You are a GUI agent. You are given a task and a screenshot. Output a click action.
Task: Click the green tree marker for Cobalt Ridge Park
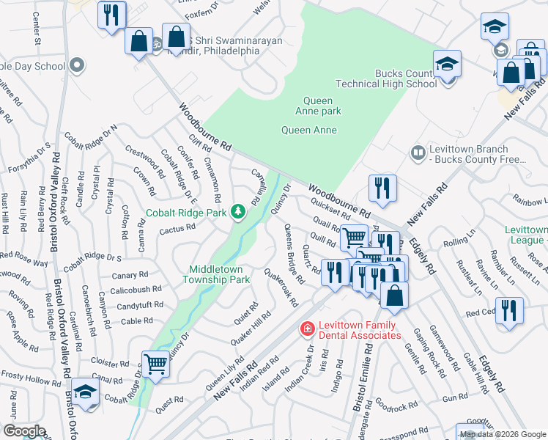coord(237,213)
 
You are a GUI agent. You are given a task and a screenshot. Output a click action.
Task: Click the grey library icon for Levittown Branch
coord(418,153)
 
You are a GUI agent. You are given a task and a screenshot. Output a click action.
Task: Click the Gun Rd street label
coord(454,397)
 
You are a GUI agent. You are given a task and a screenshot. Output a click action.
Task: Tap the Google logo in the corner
coord(23,431)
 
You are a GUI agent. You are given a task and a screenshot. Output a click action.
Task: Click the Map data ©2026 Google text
coord(503,434)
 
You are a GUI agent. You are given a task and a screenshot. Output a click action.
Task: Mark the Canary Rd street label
coord(132,276)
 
